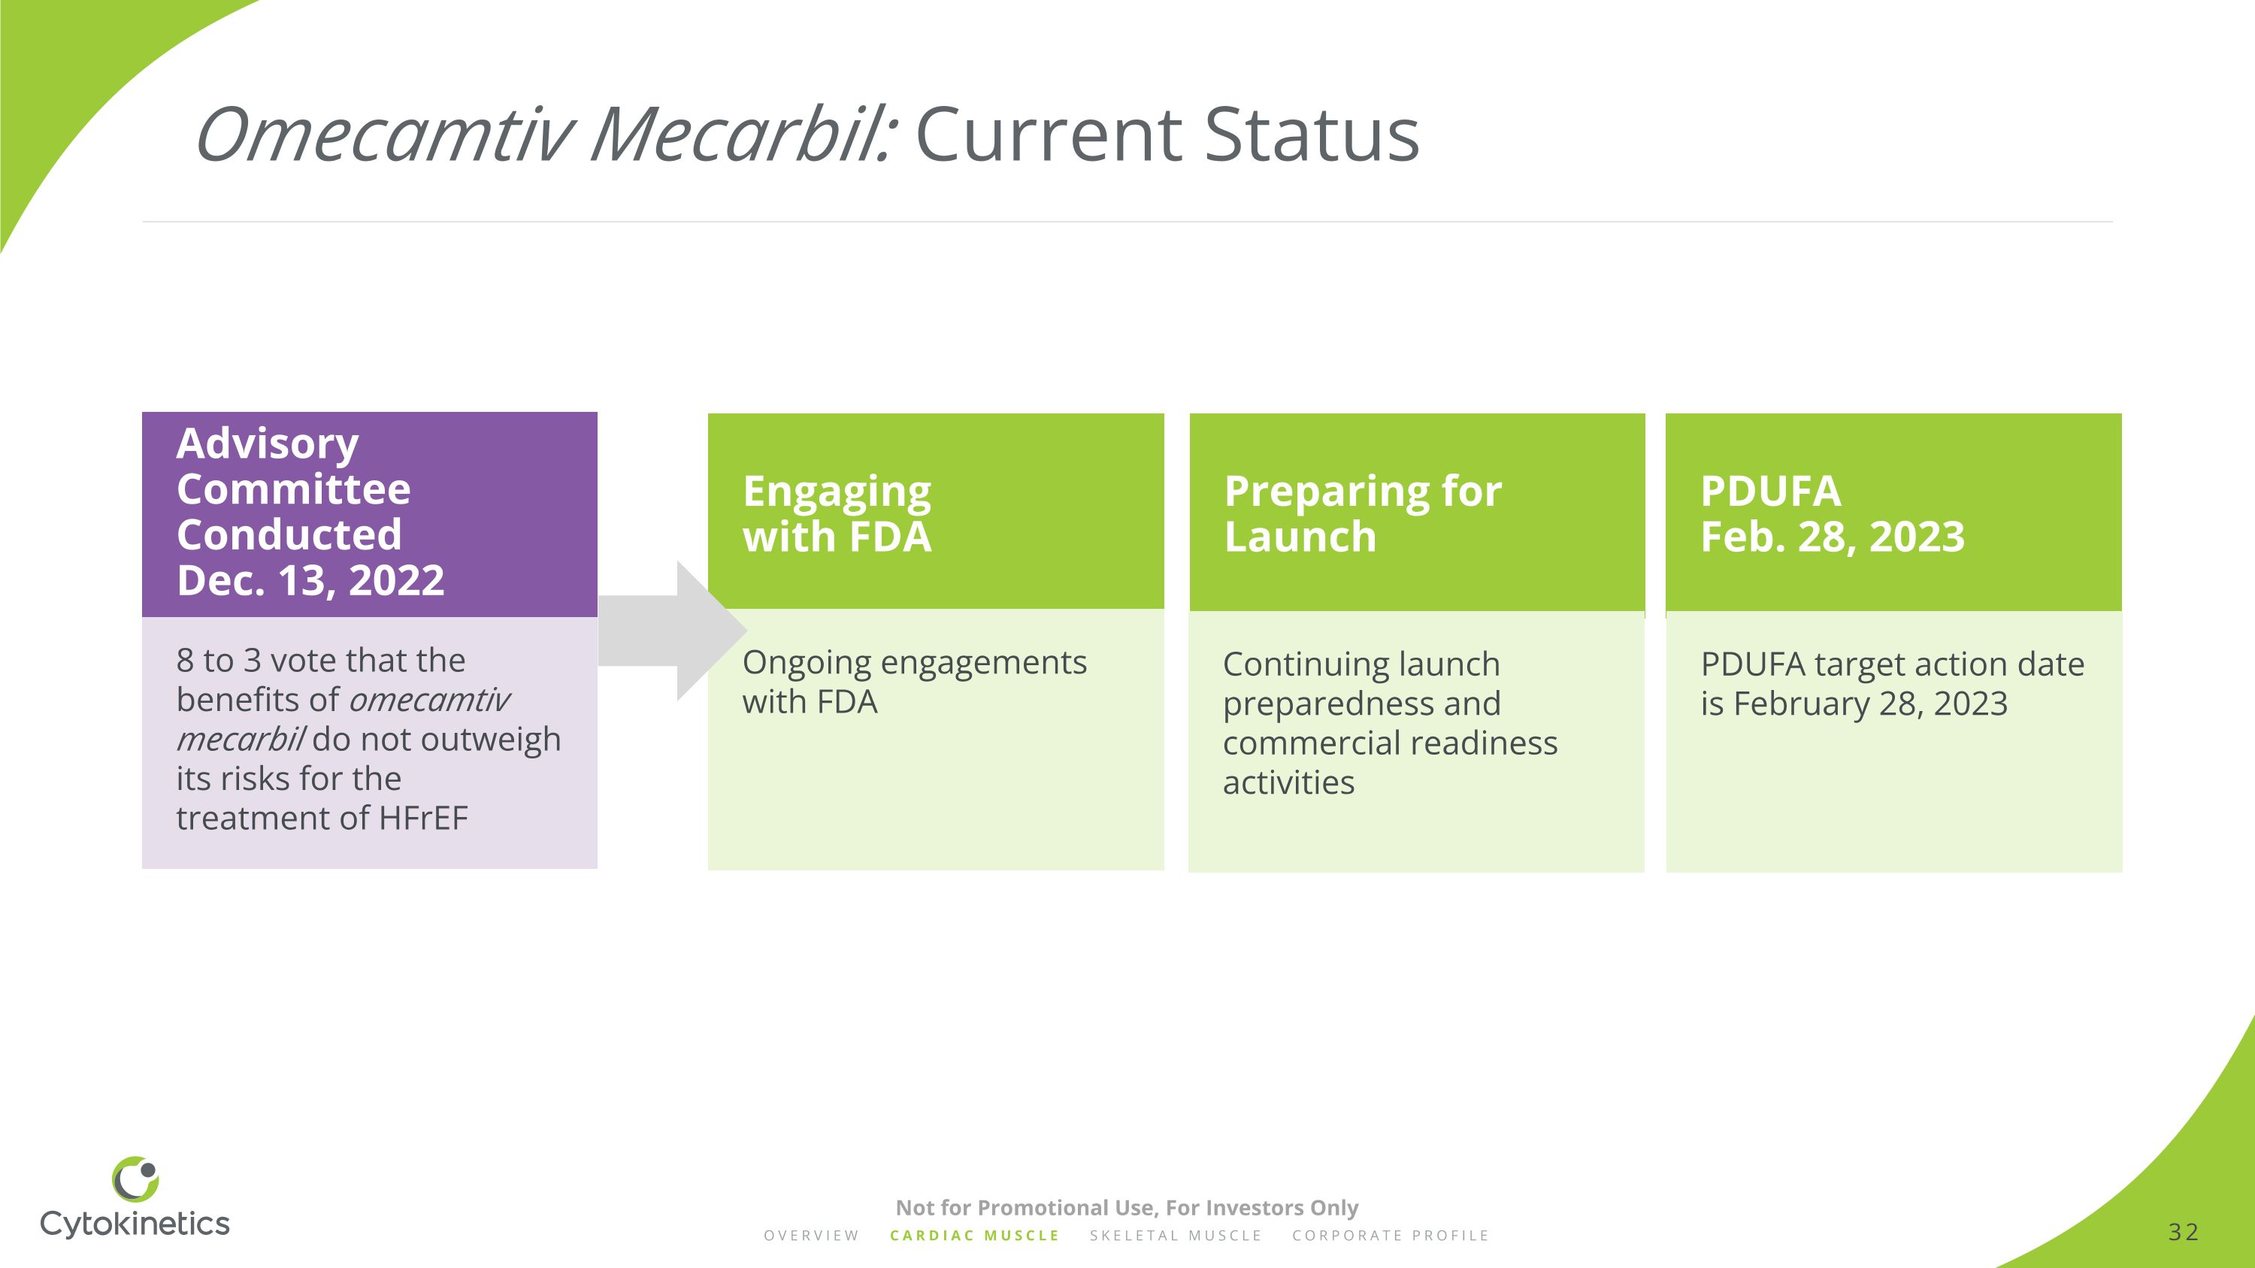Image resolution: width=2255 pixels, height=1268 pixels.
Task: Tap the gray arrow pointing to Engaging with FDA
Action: pos(670,631)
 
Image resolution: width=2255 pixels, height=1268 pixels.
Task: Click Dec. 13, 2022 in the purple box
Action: pos(310,580)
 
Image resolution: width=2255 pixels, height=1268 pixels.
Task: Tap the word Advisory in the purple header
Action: pos(267,443)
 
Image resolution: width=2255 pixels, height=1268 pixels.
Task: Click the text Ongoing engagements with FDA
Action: pos(913,682)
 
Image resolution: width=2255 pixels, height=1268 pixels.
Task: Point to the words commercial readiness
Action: pos(1389,743)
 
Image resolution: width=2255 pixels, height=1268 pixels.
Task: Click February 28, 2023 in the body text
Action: pos(1870,704)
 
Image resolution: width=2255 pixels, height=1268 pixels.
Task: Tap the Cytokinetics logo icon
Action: pos(136,1179)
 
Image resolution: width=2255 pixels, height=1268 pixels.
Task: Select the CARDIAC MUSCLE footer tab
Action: pos(974,1236)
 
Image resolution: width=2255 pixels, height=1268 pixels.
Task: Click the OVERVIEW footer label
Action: pos(812,1236)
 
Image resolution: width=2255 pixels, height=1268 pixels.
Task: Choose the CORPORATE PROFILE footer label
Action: pos(1390,1236)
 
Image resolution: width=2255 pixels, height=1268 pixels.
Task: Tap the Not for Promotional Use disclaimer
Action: pos(1127,1208)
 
